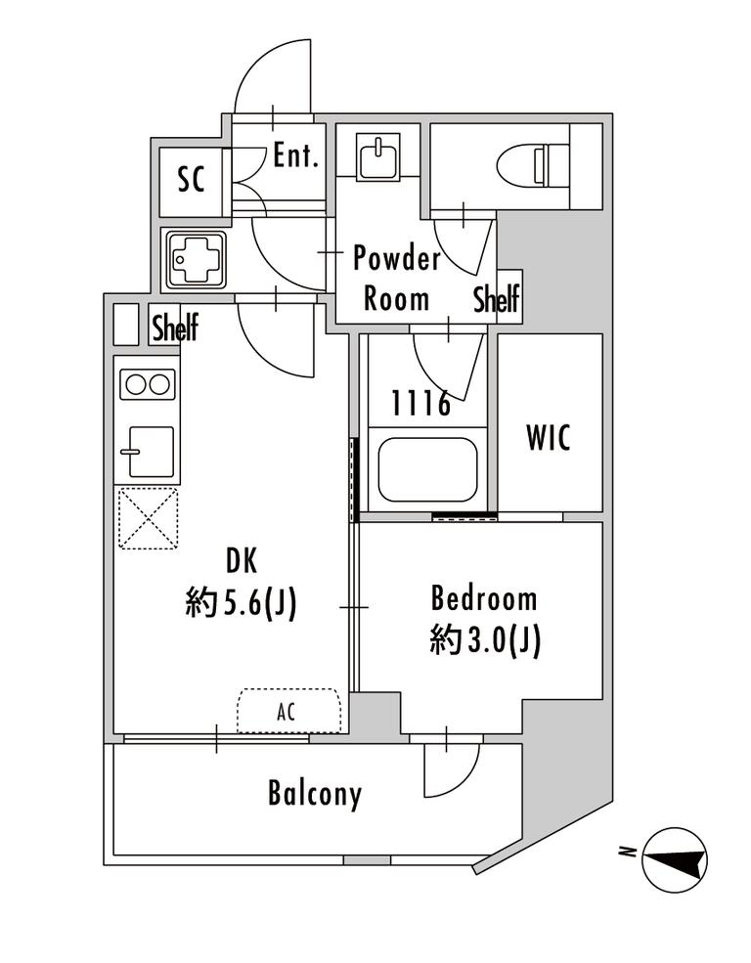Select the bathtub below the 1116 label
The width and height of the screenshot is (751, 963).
tap(428, 470)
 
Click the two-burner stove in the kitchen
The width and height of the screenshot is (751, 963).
tap(148, 385)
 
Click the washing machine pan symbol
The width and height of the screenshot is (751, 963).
tap(194, 260)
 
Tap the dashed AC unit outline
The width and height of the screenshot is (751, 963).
tap(288, 711)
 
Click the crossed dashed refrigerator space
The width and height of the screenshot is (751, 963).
tap(148, 518)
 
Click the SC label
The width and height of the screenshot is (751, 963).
tap(191, 179)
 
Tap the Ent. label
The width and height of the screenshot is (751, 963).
tap(296, 155)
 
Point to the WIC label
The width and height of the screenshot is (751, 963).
tap(549, 437)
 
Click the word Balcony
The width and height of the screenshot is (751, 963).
tap(315, 794)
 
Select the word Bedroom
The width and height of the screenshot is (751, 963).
tap(484, 598)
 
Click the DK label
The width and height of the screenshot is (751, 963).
tap(242, 561)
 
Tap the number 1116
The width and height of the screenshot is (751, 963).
tap(421, 404)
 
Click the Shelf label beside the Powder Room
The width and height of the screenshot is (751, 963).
tap(496, 298)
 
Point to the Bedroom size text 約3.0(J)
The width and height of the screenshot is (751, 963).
tap(484, 641)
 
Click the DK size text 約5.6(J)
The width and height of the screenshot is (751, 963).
tap(241, 603)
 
